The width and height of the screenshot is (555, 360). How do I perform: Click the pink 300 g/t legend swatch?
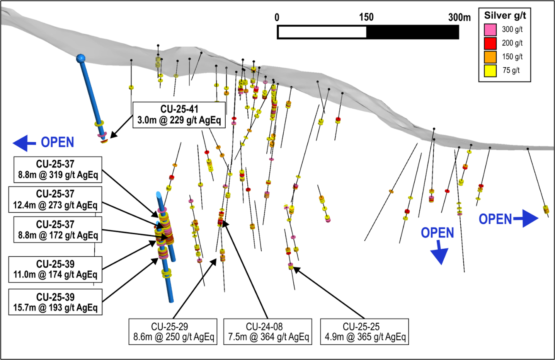[x=490, y=29]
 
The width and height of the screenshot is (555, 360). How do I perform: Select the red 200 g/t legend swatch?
[x=490, y=43]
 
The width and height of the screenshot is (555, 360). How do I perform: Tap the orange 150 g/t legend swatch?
[x=490, y=57]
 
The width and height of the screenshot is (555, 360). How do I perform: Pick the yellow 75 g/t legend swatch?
[x=490, y=70]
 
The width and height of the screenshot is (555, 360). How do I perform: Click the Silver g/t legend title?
[x=505, y=15]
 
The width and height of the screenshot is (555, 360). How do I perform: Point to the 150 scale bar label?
[x=366, y=17]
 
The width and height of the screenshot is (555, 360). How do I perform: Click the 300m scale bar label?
[x=459, y=17]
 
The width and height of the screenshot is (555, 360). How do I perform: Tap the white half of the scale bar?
[x=322, y=32]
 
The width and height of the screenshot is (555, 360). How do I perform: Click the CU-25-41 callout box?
[x=179, y=114]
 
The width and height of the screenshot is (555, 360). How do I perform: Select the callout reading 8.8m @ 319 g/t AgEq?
[x=58, y=169]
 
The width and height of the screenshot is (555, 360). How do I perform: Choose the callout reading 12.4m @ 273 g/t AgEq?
[x=55, y=200]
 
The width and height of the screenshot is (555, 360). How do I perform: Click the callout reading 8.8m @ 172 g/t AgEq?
[x=58, y=230]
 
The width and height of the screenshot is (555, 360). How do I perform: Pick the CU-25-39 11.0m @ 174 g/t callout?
[x=55, y=269]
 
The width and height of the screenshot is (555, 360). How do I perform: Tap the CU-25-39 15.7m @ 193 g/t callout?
[x=55, y=302]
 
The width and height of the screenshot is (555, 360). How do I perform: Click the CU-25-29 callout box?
[x=173, y=332]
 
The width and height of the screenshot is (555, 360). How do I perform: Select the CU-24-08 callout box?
[x=268, y=332]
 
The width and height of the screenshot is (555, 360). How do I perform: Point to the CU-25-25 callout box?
[x=364, y=332]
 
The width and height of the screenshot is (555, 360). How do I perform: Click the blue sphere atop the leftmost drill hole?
[x=81, y=58]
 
